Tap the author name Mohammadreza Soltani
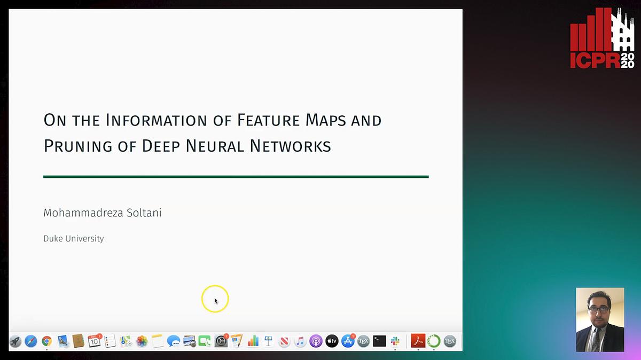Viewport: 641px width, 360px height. (x=102, y=213)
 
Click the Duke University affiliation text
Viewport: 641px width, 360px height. (x=73, y=239)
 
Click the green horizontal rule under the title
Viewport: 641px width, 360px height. (x=236, y=176)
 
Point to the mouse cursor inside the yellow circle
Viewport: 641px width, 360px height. (x=216, y=301)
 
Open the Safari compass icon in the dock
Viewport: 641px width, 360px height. (x=31, y=341)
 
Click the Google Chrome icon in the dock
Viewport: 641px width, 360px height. (x=47, y=341)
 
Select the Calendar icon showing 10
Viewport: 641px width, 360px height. (x=95, y=341)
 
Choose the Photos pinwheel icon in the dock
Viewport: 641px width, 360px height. (x=142, y=341)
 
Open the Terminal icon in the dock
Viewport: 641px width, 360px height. (x=379, y=341)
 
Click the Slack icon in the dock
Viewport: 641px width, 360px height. (x=395, y=341)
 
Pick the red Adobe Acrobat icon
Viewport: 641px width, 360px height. (x=418, y=341)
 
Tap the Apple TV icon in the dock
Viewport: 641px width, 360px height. (x=332, y=341)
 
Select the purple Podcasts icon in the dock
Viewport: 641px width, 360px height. (x=316, y=341)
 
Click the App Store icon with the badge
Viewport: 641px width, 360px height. (x=348, y=341)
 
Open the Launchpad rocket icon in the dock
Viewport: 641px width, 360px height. (x=15, y=341)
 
